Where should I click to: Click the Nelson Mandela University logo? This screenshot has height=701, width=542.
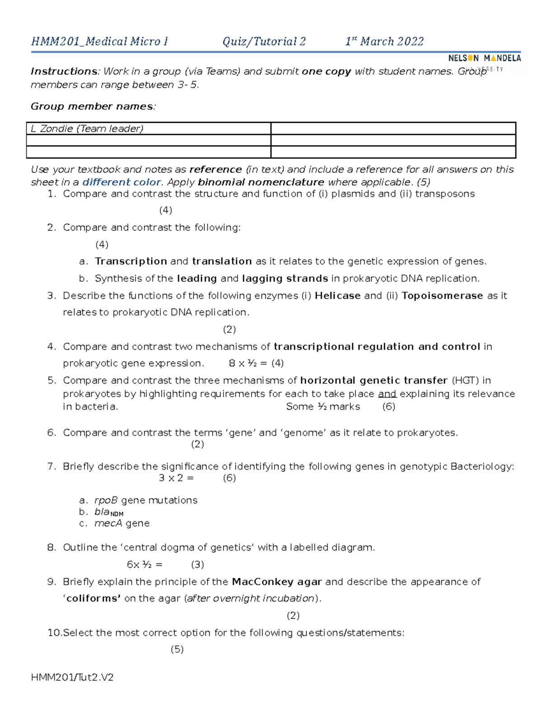coord(484,59)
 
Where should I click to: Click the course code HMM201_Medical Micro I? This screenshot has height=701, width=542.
coord(99,42)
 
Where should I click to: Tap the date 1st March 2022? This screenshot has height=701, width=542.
coord(384,42)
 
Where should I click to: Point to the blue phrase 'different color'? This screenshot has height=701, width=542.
coord(121,182)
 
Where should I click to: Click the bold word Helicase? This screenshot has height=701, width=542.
coord(337,296)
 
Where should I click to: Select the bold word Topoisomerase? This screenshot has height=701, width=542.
coord(442,296)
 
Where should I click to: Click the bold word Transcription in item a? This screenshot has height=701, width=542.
coord(131,261)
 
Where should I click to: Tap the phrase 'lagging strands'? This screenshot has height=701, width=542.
coord(285,279)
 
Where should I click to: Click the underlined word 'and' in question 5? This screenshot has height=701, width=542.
coord(387,394)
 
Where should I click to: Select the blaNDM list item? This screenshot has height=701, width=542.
coord(108,512)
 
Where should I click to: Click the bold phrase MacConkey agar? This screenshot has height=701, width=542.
coord(276,582)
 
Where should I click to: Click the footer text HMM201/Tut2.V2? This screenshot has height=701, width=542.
coord(72,678)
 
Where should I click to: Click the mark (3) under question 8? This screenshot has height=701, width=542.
coord(197,565)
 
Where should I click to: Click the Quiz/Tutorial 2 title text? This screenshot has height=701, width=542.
coord(264,42)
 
